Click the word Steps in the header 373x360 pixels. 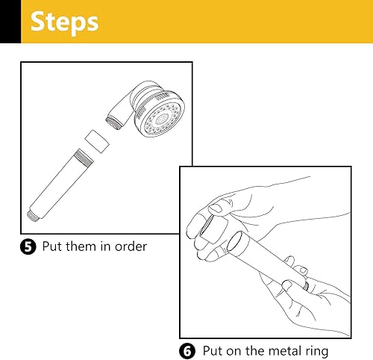64,22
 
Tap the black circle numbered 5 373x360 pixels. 28,246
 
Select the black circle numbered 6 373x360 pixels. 187,351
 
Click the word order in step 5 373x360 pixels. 131,246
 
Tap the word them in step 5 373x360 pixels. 81,246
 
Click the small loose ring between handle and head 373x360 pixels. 97,141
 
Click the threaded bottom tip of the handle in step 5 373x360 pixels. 33,216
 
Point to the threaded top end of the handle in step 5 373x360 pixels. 84,156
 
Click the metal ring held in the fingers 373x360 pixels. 213,229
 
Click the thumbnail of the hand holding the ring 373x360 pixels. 216,208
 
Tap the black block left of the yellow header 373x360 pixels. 10,22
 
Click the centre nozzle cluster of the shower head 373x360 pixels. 163,119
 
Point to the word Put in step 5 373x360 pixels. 51,246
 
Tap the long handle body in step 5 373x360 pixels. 61,185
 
